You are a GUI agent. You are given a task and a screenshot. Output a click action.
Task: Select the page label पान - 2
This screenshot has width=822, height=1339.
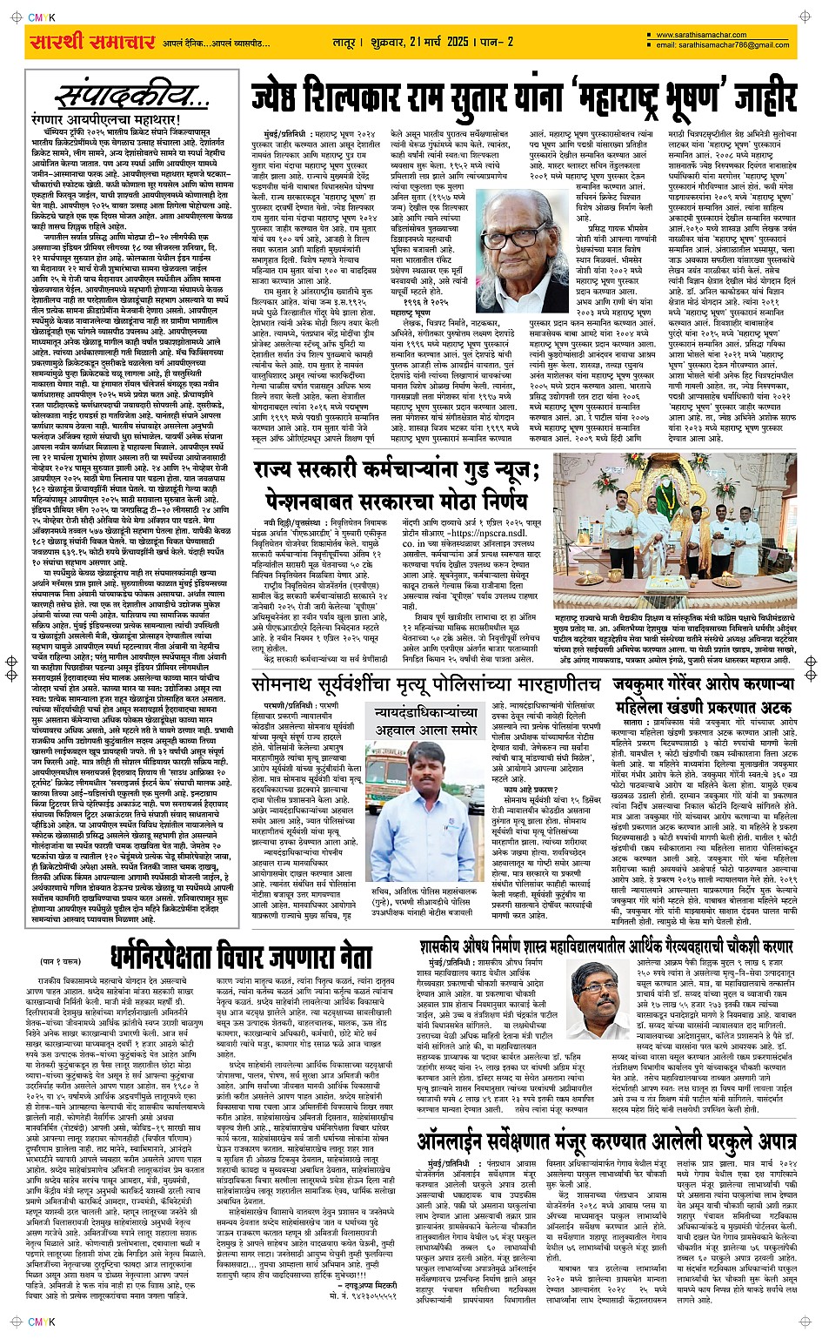point(499,42)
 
